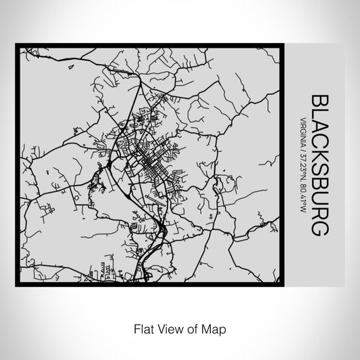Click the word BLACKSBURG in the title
pyautogui.click(x=318, y=168)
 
